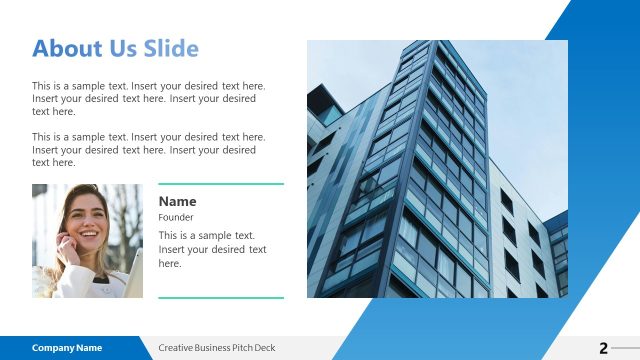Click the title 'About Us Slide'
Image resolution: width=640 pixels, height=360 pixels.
(115, 48)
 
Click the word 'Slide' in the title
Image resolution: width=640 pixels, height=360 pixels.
(172, 48)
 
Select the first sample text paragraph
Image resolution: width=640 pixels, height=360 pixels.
(149, 99)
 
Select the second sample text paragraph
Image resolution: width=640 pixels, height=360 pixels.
(149, 149)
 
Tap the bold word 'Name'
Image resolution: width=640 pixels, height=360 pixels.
(177, 201)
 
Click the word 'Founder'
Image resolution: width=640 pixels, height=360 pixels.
(176, 217)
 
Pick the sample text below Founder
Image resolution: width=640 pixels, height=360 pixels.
(212, 249)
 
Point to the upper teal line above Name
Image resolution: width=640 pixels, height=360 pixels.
(221, 184)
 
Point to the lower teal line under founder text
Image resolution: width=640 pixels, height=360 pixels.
(221, 297)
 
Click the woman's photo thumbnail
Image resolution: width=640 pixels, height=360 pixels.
(87, 241)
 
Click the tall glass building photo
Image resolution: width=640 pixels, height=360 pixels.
(436, 168)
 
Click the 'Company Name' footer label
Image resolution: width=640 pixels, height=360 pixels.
(67, 348)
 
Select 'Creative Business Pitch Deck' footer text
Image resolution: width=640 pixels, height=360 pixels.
(216, 348)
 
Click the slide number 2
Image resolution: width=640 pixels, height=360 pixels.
(603, 348)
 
